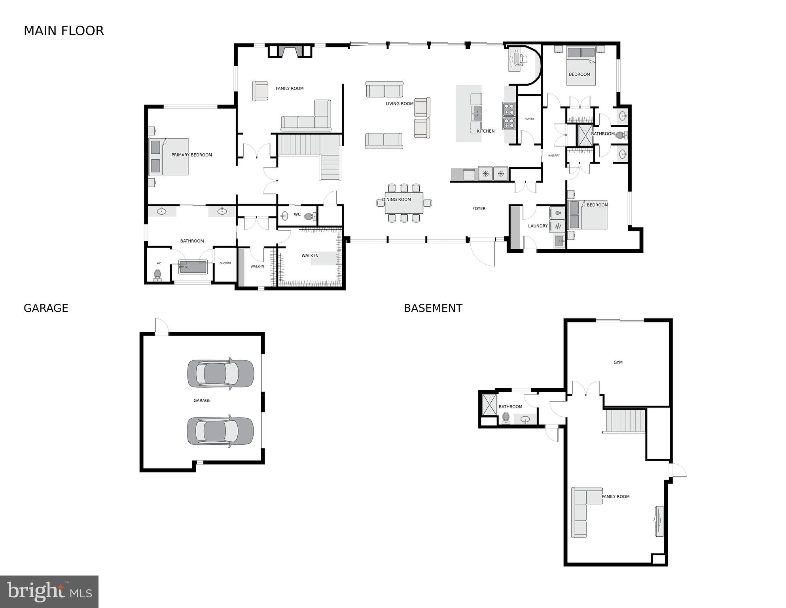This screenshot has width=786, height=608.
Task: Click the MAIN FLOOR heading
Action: [x=64, y=31]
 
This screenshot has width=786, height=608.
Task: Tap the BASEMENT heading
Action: [x=433, y=308]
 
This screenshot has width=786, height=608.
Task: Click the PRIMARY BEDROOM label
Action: [x=191, y=155]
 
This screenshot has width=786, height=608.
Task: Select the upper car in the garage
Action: [x=220, y=374]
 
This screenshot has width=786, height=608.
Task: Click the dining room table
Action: [x=404, y=202]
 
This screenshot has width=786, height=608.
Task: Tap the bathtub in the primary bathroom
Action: [x=193, y=267]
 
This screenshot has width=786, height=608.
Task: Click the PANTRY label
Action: [x=529, y=119]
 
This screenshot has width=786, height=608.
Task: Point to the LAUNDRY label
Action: [x=538, y=226]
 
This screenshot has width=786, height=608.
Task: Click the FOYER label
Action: [x=479, y=209]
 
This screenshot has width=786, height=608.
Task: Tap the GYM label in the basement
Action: [x=618, y=362]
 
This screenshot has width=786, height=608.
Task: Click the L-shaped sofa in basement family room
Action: [x=581, y=511]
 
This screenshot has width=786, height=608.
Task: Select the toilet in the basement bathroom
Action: [x=506, y=418]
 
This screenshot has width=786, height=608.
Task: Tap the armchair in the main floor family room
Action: [x=260, y=91]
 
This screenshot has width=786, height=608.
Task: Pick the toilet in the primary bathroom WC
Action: [x=157, y=274]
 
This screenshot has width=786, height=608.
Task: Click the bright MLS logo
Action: [x=49, y=591]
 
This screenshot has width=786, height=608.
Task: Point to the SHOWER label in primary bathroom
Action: [x=225, y=263]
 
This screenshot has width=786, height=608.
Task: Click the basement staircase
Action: [x=625, y=421]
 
